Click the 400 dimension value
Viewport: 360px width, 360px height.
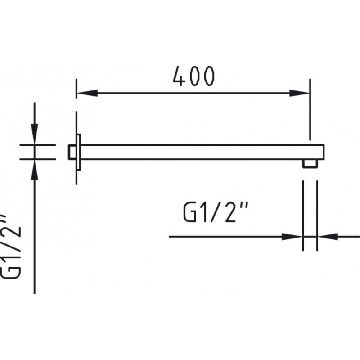pyautogui.click(x=194, y=76)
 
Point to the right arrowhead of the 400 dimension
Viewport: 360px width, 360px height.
pyautogui.click(x=299, y=93)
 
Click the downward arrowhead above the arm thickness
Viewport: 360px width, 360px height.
pyautogui.click(x=35, y=134)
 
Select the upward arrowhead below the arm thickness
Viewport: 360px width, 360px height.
pyautogui.click(x=35, y=170)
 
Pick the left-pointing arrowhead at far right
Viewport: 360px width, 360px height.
pyautogui.click(x=328, y=237)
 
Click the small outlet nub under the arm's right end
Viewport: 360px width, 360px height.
pyautogui.click(x=310, y=164)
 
